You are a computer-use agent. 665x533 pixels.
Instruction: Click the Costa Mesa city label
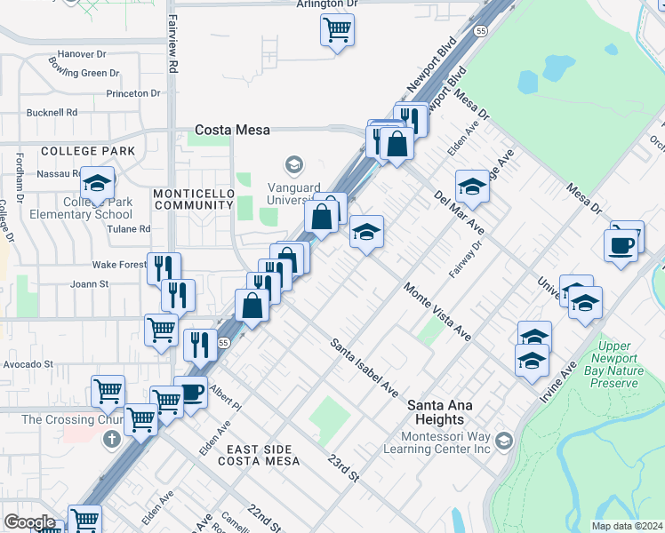pyautogui.click(x=233, y=130)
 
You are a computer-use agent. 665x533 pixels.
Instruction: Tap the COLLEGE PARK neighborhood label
pyautogui.click(x=88, y=151)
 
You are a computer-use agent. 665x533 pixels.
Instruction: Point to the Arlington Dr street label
pyautogui.click(x=327, y=4)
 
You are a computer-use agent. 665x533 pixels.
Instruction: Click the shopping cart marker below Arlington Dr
pyautogui.click(x=337, y=31)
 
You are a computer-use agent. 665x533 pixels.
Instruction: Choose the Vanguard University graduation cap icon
pyautogui.click(x=293, y=164)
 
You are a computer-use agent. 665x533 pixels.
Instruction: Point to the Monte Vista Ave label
pyautogui.click(x=437, y=313)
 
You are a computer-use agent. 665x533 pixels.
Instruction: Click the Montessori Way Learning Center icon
pyautogui.click(x=504, y=442)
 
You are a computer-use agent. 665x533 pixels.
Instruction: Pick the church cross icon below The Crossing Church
pyautogui.click(x=112, y=439)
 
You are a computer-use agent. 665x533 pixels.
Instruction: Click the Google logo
pyautogui.click(x=29, y=522)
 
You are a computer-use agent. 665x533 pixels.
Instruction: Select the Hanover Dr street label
pyautogui.click(x=82, y=53)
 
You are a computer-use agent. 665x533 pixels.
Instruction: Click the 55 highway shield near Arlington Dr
pyautogui.click(x=479, y=30)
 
